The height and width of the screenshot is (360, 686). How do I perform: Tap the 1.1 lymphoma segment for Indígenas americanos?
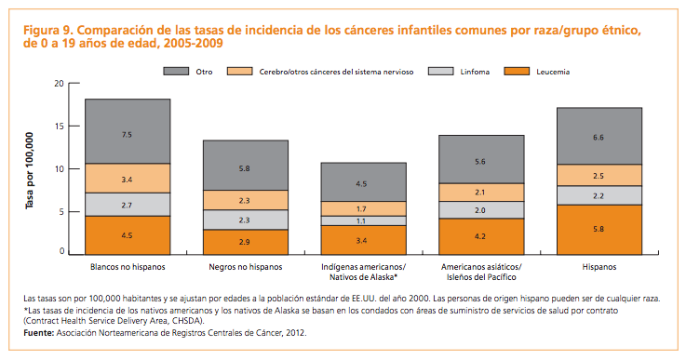coord(363,220)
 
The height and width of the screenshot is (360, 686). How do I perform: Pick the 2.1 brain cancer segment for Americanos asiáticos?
coord(480,192)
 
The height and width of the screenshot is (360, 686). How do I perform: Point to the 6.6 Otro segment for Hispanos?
coord(599,136)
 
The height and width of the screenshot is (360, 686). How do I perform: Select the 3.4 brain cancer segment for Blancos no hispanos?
coord(128,178)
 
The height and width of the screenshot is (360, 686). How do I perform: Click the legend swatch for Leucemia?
coord(519,72)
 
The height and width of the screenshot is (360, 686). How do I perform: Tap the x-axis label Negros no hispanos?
coord(246,267)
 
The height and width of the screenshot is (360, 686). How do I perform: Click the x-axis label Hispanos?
coord(599,267)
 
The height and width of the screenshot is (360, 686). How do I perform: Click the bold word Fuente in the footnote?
coord(40,331)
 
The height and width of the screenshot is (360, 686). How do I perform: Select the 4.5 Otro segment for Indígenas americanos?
coord(363,182)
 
